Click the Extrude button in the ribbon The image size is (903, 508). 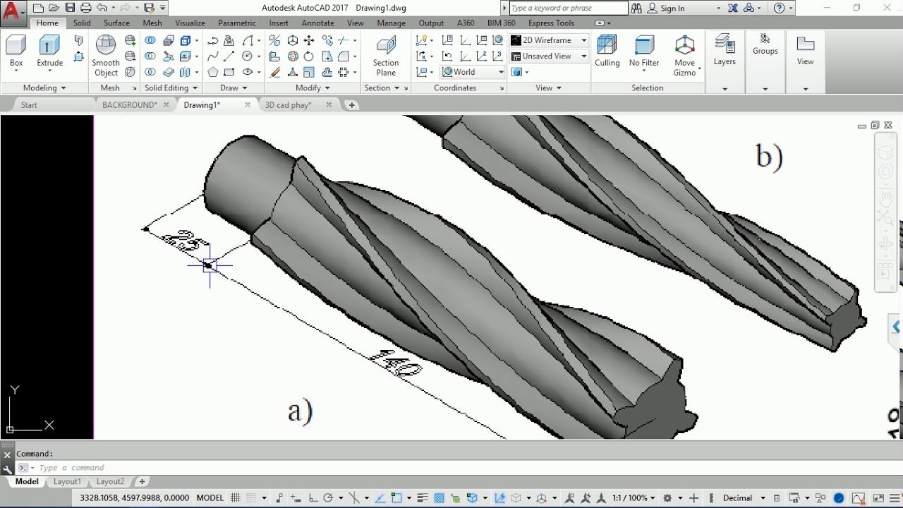pos(49,52)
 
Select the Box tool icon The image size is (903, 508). pos(16,52)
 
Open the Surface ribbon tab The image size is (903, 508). pos(116,23)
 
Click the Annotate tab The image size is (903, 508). pos(317,23)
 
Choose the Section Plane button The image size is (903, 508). pos(386,56)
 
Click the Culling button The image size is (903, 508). pos(607,52)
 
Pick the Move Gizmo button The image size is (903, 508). pos(684,56)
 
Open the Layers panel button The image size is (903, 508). pos(725,51)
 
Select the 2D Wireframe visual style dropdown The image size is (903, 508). pos(550,40)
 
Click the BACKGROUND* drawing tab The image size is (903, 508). pos(130,105)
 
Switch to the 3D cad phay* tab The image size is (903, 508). pos(288,105)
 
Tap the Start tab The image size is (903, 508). pos(29,105)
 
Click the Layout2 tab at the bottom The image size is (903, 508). pos(110,481)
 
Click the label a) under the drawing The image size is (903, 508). pos(300,410)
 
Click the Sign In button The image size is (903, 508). pos(672,8)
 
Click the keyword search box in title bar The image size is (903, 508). pos(567,8)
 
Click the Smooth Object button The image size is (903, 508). pos(106,56)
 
